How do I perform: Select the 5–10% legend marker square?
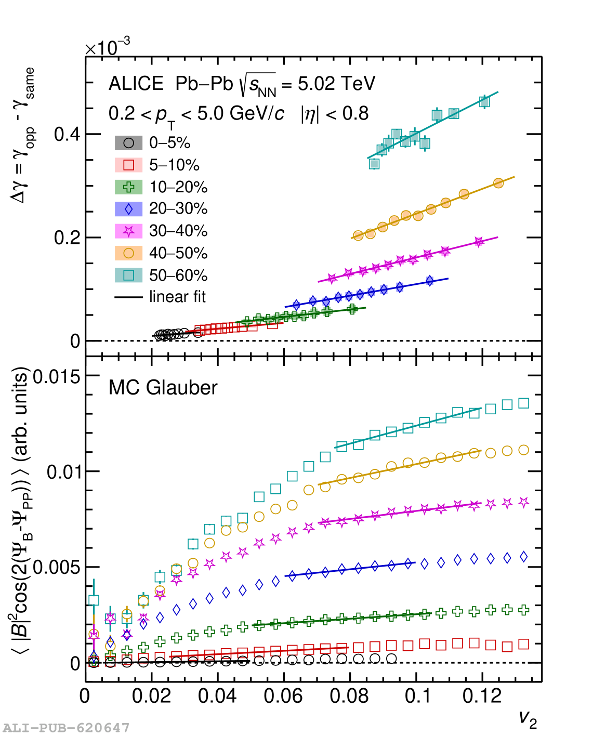[128, 165]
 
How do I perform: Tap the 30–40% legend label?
[178, 231]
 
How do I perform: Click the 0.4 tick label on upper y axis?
[67, 134]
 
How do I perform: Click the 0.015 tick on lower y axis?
[57, 376]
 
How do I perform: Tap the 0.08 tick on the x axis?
[349, 695]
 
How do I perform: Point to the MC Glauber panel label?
[163, 388]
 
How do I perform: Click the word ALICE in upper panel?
[136, 84]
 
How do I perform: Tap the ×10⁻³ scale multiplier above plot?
[108, 47]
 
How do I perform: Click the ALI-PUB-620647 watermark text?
[66, 728]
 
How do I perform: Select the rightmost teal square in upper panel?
[484, 101]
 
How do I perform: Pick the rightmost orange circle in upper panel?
[498, 183]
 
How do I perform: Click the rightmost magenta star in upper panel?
[479, 242]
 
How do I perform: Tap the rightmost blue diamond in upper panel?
[430, 281]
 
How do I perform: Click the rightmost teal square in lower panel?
[524, 403]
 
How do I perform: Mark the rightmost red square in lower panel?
[524, 644]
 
